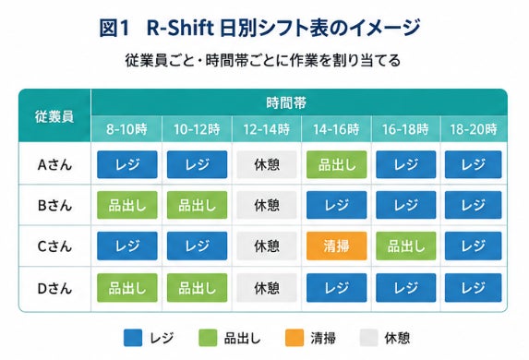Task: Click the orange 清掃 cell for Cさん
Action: pyautogui.click(x=336, y=246)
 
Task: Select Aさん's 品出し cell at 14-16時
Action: pyautogui.click(x=336, y=164)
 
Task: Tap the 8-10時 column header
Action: pyautogui.click(x=126, y=129)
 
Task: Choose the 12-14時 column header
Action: pyautogui.click(x=267, y=129)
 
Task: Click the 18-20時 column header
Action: pyautogui.click(x=474, y=129)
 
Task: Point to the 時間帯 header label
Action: pyautogui.click(x=286, y=102)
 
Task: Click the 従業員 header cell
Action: pyautogui.click(x=54, y=115)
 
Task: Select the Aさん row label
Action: pyautogui.click(x=54, y=164)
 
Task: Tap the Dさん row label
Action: pyautogui.click(x=54, y=289)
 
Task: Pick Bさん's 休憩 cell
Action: pyautogui.click(x=267, y=205)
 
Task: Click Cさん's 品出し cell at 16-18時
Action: pyautogui.click(x=406, y=246)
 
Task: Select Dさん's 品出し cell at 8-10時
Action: pyautogui.click(x=127, y=288)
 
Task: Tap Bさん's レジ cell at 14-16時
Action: pyautogui.click(x=336, y=205)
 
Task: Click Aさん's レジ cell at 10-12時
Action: pyautogui.click(x=197, y=164)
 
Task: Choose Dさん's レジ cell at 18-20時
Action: pyautogui.click(x=474, y=288)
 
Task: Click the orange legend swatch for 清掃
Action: pyautogui.click(x=295, y=338)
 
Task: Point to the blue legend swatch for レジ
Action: pyautogui.click(x=133, y=338)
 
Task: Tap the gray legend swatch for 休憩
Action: pyautogui.click(x=368, y=338)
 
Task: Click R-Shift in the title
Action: pyautogui.click(x=180, y=28)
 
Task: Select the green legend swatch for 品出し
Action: pyautogui.click(x=208, y=338)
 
